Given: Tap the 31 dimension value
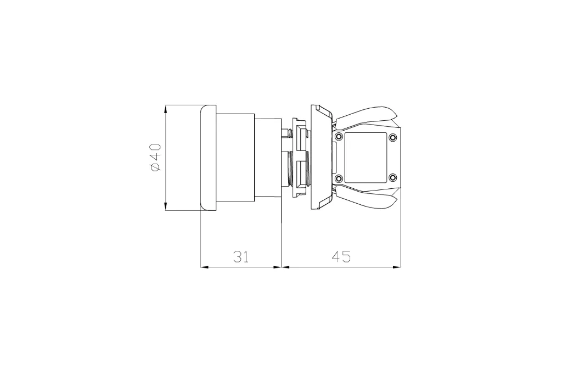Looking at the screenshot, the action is point(241,257).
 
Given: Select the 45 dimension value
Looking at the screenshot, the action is point(341,257).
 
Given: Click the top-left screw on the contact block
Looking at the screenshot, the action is point(338,137).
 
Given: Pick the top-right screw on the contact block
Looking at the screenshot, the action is point(393,137).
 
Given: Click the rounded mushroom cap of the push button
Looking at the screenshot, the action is point(208,158).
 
